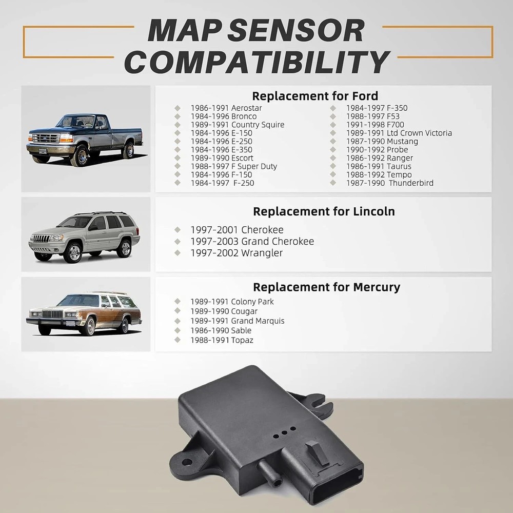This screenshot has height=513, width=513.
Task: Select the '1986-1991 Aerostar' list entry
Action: click(226, 108)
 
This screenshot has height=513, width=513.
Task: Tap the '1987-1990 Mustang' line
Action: click(382, 141)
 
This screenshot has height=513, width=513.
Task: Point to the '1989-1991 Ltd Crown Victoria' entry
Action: click(399, 133)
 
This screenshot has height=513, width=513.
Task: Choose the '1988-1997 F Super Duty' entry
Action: click(233, 166)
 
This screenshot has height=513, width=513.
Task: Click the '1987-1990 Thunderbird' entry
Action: click(389, 183)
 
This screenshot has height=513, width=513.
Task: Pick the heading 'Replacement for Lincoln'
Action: click(324, 211)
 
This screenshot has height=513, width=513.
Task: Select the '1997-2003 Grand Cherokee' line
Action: click(252, 241)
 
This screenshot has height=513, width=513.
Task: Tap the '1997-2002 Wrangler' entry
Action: click(236, 252)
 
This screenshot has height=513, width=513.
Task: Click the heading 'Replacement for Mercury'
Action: click(326, 287)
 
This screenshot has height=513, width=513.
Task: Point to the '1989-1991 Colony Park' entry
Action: click(232, 302)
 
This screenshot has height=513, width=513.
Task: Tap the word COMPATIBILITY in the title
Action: click(257, 62)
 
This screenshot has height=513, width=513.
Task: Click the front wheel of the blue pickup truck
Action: click(80, 154)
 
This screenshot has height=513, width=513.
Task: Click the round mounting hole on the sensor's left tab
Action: click(187, 462)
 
